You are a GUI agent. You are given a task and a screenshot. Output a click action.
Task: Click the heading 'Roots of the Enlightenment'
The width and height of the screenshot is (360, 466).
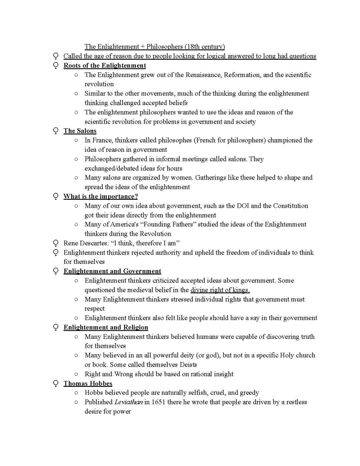click(x=105, y=65)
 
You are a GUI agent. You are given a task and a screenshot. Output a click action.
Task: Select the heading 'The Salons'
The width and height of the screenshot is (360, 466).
click(x=80, y=131)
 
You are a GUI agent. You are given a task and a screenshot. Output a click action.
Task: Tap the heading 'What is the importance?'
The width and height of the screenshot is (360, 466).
click(x=101, y=196)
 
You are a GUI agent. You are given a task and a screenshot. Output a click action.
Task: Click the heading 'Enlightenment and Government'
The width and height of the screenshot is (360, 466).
click(x=112, y=271)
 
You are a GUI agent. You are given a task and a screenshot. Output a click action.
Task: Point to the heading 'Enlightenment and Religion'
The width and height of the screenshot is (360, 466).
click(x=106, y=327)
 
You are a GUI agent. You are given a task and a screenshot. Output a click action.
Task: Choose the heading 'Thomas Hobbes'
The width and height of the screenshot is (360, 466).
click(x=88, y=383)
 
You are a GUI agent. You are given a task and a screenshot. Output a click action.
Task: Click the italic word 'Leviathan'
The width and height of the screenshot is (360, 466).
click(x=129, y=402)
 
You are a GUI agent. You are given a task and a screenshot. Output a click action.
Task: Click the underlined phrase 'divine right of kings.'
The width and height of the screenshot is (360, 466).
click(x=220, y=290)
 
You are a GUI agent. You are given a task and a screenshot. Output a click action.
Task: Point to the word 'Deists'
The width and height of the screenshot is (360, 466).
click(x=188, y=365)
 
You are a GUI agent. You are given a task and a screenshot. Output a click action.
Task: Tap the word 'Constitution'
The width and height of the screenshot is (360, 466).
click(x=291, y=206)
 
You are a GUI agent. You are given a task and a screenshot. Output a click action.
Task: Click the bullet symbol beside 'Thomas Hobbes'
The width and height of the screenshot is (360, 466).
click(x=56, y=384)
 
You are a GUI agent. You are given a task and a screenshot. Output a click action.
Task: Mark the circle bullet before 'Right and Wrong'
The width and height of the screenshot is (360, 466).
click(x=76, y=374)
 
